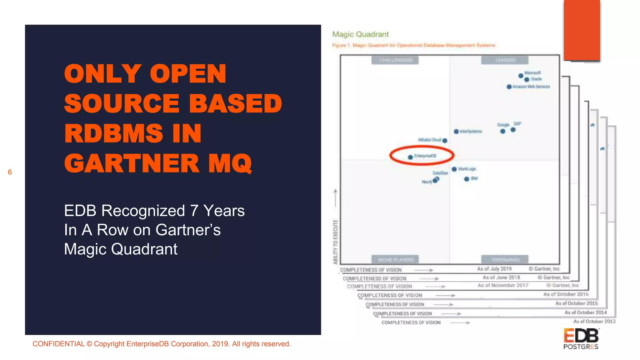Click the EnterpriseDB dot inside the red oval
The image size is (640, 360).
coord(410,157)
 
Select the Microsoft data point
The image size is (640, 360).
coord(521,76)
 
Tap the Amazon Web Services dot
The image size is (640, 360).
coord(509,87)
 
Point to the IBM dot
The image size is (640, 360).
coord(467,179)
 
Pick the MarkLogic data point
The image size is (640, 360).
coord(454,169)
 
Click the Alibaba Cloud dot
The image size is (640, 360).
coord(445,141)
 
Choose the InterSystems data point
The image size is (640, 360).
coord(456,132)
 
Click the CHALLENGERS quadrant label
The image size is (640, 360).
coord(395,60)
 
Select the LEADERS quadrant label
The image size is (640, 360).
coord(505,60)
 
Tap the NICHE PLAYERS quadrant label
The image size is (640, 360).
coord(395,260)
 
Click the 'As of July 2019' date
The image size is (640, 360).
coord(494,269)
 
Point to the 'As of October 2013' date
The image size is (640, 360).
coord(594,321)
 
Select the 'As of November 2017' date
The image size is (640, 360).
coord(503,285)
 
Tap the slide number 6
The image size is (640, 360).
coord(10,172)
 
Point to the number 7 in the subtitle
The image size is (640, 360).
coord(194,211)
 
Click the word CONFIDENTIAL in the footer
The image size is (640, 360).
coord(58,344)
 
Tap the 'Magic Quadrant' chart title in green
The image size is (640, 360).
coord(360,34)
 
